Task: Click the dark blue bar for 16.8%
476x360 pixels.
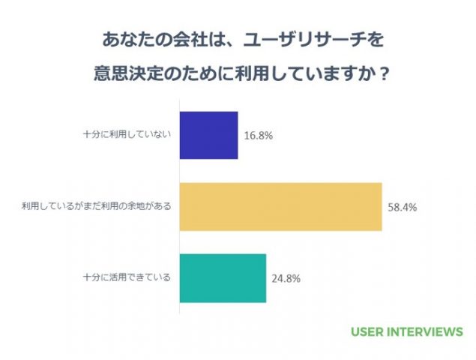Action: coord(209,135)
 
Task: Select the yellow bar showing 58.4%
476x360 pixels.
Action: coord(281,206)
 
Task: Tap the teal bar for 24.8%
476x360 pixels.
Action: coord(223,277)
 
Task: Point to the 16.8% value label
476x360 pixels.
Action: coord(258,136)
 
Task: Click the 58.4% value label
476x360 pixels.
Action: coord(402,207)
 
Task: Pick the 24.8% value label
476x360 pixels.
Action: coord(286,278)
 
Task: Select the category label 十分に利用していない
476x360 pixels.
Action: coord(127,135)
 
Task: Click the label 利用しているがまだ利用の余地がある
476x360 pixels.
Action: coord(97,206)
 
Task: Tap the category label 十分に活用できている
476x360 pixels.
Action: coord(127,277)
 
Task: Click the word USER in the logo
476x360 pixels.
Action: coord(367,331)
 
